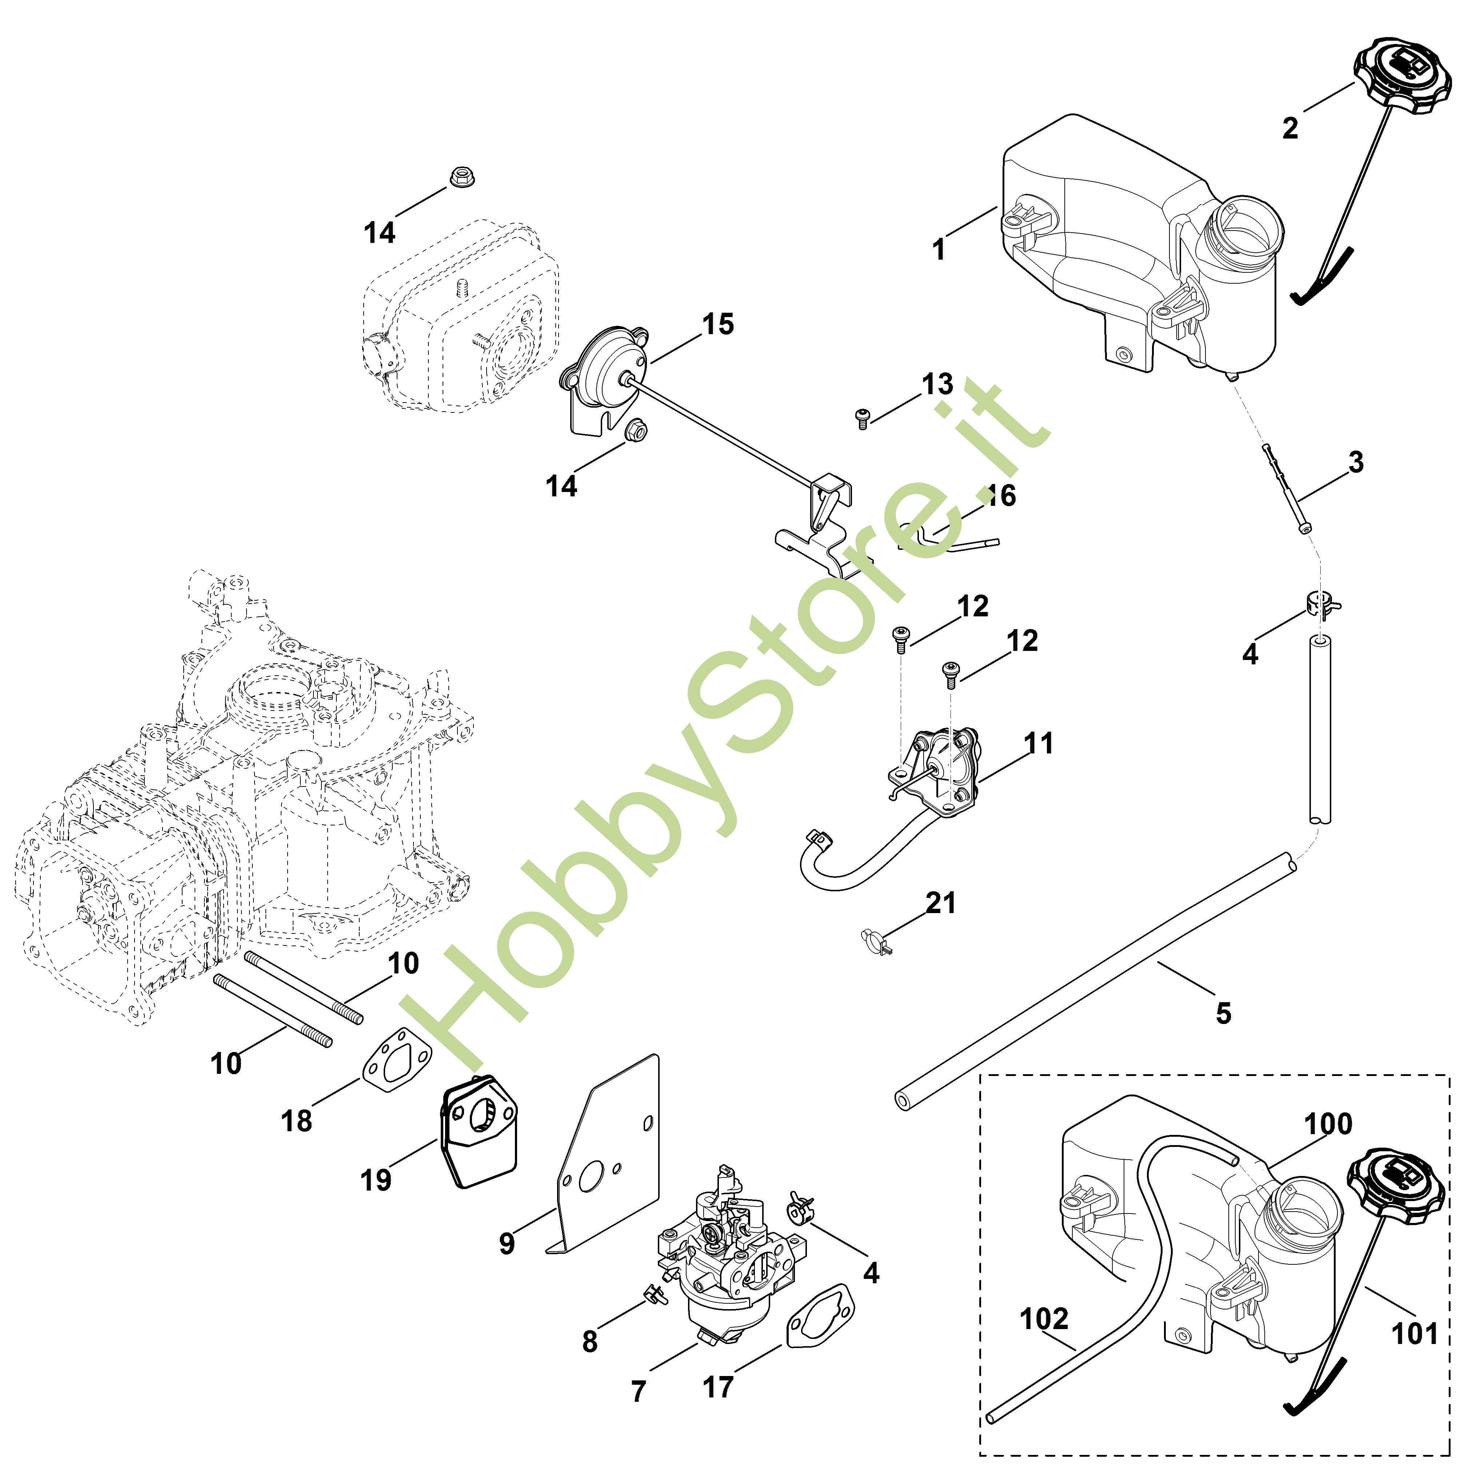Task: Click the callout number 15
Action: tap(717, 324)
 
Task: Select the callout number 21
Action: tap(940, 903)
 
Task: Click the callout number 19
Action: tap(376, 1180)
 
